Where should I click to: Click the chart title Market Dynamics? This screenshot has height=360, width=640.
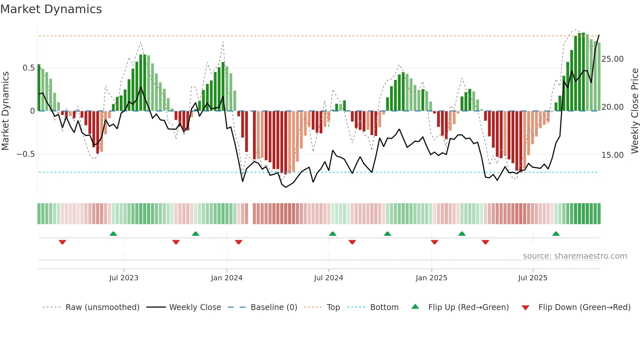(51, 9)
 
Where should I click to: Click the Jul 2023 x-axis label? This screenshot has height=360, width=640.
(124, 278)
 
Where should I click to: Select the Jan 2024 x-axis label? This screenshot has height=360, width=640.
(227, 278)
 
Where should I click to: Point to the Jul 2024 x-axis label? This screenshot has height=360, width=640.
(328, 278)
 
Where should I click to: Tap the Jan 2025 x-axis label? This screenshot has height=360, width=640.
(431, 278)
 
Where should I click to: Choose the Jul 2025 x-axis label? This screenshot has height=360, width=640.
(533, 278)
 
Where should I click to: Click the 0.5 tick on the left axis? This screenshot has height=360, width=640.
(28, 68)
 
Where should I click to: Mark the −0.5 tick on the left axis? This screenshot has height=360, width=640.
(26, 154)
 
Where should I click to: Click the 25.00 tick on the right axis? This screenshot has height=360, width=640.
(612, 59)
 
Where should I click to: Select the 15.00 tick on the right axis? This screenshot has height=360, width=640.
(612, 155)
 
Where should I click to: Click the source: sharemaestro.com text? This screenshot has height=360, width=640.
(575, 256)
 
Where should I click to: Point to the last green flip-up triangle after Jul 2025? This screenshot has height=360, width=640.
(556, 234)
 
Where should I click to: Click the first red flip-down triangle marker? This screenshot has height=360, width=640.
(62, 242)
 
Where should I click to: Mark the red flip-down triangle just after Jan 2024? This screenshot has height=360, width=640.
(239, 242)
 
